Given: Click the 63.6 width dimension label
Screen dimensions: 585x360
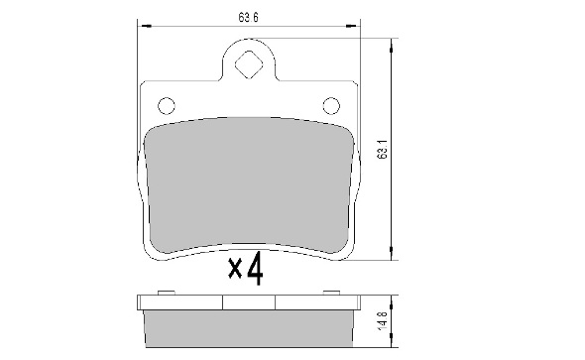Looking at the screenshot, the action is [x=249, y=18].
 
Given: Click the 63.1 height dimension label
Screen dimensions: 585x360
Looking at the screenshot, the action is [x=383, y=150].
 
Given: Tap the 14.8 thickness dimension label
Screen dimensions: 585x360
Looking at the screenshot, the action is [x=383, y=320].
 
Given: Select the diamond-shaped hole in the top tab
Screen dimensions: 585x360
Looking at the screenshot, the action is [x=249, y=64].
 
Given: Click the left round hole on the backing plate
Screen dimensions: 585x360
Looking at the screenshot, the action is [x=167, y=106].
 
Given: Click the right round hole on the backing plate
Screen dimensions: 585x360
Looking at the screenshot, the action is [x=331, y=106].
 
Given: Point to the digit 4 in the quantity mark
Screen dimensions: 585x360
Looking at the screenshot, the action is [x=256, y=269].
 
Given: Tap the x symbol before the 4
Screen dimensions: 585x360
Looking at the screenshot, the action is [x=235, y=270].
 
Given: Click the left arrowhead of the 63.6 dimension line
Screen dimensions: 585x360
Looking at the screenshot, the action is [x=145, y=26].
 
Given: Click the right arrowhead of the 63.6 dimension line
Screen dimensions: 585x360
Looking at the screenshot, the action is [x=353, y=26].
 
